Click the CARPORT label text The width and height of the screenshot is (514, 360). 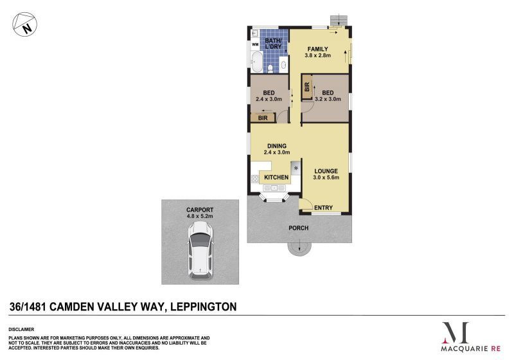point(200,210)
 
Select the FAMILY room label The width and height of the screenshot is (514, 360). point(317,49)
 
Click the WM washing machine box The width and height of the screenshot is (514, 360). point(255,44)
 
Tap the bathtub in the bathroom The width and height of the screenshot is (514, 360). point(256,64)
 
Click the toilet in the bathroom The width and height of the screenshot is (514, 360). point(271,67)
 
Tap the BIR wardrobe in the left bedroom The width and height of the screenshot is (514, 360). point(263,118)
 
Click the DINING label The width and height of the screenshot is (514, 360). point(277,146)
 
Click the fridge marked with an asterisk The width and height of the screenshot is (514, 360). point(296,168)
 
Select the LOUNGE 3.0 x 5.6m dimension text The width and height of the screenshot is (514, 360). point(326,177)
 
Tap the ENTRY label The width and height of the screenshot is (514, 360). point(324,207)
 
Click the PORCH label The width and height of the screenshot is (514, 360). point(299,228)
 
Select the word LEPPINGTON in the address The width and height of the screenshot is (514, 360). point(202,307)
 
